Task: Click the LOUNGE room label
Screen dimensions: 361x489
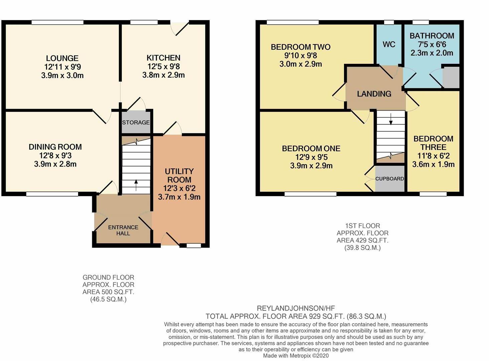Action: (62, 58)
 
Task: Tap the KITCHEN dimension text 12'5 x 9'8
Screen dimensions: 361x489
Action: (163, 67)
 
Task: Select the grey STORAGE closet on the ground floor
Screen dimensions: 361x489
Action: (136, 122)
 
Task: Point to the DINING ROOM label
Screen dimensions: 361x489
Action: (55, 147)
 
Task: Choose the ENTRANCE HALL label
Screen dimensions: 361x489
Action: (123, 230)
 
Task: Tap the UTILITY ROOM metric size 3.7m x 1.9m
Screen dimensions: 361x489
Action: (179, 197)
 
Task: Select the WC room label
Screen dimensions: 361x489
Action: (389, 44)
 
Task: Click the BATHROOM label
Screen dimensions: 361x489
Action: (432, 36)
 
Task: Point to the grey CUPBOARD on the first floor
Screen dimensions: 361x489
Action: (389, 179)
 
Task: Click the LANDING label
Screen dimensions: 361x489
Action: (374, 94)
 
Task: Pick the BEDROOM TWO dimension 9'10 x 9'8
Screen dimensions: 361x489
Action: (301, 55)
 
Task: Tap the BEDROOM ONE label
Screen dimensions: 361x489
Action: (311, 148)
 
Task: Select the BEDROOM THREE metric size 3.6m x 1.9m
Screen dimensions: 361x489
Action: (433, 164)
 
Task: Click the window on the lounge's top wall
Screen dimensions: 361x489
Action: (57, 22)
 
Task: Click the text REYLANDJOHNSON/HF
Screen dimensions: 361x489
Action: (295, 308)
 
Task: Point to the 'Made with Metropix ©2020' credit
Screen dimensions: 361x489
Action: (296, 356)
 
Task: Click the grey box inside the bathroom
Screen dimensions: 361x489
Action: (451, 77)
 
